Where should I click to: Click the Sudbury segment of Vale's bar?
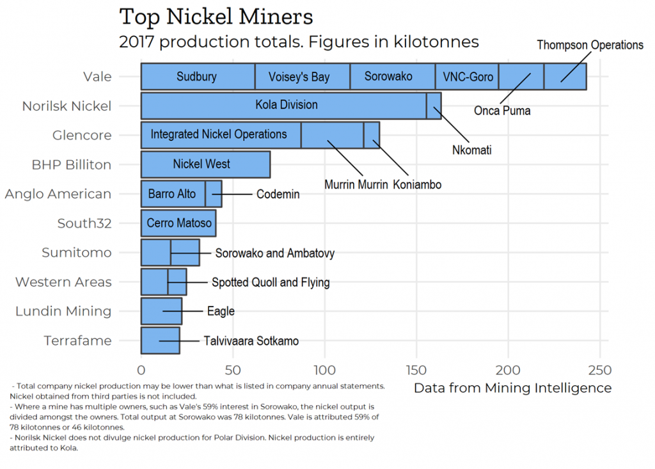pos(197,77)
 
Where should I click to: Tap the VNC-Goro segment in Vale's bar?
pos(468,77)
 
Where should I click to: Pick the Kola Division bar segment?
pos(286,105)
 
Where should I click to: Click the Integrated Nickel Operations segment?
pos(219,134)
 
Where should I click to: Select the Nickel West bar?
pos(202,164)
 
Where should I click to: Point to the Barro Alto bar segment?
pos(172,193)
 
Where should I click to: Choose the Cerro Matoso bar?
pos(179,223)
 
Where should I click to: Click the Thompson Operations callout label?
pos(590,45)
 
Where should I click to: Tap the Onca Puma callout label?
pos(502,111)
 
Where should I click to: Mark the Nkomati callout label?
pos(471,150)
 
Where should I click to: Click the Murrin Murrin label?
pos(356,185)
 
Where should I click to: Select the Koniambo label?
pos(417,185)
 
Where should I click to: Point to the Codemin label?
pos(278,194)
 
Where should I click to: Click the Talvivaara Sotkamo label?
pos(251,341)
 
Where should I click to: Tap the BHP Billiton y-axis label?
pos(72,164)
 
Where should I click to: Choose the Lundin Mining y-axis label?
pos(63,312)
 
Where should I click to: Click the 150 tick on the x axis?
pos(416,370)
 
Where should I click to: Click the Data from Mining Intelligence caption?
pos(512,388)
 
